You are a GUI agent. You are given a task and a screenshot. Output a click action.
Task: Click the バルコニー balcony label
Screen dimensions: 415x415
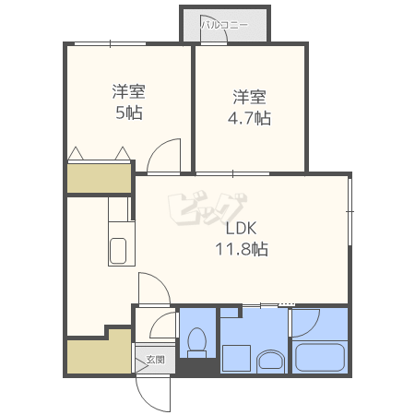pos(225,25)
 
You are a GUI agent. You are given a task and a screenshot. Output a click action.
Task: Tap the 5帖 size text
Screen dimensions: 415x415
pos(129,113)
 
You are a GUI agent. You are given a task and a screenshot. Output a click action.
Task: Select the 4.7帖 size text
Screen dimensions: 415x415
pos(249,118)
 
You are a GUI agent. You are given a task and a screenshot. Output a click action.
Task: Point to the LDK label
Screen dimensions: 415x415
pos(242,229)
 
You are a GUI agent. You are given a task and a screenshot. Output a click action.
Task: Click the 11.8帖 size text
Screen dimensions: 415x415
pos(242,249)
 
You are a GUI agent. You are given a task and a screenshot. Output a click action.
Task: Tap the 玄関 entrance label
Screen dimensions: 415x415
pos(156,359)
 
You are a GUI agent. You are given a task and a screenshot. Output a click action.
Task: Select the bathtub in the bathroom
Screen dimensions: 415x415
pos(320,357)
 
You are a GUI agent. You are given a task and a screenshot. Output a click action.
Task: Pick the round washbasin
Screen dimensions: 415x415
pos(271,361)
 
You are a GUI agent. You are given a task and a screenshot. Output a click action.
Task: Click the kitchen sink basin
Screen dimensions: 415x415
pos(118,251)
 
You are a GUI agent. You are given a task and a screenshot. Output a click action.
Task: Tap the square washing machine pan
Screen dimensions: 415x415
pos(236,358)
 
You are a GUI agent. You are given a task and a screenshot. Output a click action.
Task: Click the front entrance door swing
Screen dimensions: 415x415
pos(153,395)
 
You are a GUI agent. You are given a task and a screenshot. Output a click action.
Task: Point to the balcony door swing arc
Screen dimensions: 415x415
pos(214,29)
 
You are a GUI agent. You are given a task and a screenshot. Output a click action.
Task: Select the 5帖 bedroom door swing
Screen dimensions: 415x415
pos(163,156)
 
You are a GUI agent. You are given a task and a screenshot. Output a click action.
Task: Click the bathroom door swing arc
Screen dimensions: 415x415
pos(305,324)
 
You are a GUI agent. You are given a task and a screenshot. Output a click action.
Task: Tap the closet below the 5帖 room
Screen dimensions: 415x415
pos(100,178)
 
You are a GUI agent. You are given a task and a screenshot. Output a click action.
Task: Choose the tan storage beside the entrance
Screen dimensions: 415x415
pos(100,352)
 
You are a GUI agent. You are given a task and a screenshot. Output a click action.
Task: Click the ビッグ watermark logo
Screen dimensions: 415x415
pos(207,209)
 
